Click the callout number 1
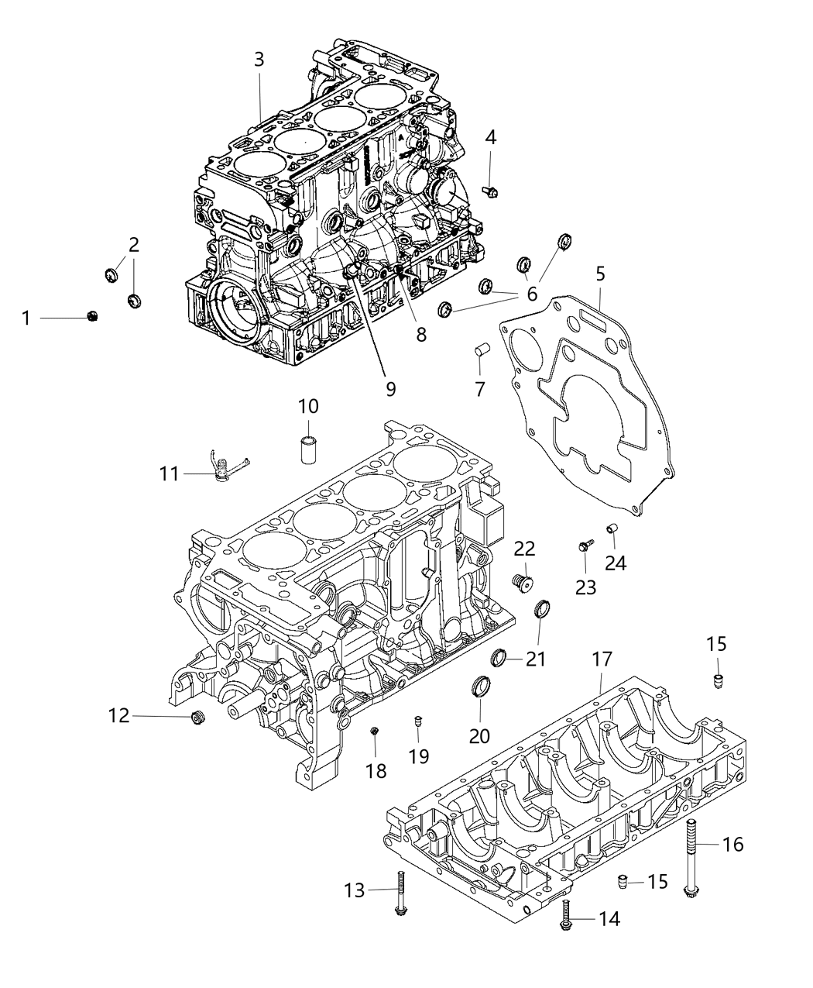tap(26, 318)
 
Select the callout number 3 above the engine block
tap(259, 59)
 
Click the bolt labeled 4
tap(489, 188)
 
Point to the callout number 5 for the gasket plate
tap(600, 274)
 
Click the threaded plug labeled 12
tap(198, 719)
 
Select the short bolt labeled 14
tap(566, 916)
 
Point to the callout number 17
tap(602, 660)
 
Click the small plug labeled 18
tap(374, 731)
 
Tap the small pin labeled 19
tap(417, 722)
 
